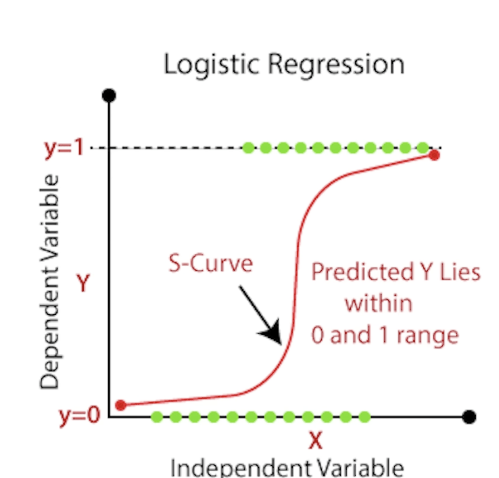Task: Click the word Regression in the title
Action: click(x=335, y=64)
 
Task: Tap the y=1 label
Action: click(x=64, y=148)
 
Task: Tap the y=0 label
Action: click(x=79, y=415)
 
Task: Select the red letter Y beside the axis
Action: click(x=82, y=283)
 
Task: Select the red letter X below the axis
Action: click(x=315, y=441)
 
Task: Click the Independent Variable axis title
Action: click(x=287, y=467)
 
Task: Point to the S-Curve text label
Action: click(x=210, y=263)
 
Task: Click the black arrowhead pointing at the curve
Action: click(x=272, y=332)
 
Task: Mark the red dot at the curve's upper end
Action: click(x=434, y=155)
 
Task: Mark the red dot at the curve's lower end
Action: click(x=121, y=405)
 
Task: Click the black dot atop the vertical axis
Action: click(x=109, y=95)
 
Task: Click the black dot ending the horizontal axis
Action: click(x=469, y=416)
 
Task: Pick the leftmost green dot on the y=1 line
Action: click(x=248, y=147)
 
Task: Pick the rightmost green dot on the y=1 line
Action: click(x=423, y=147)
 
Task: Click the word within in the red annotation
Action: click(x=379, y=303)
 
